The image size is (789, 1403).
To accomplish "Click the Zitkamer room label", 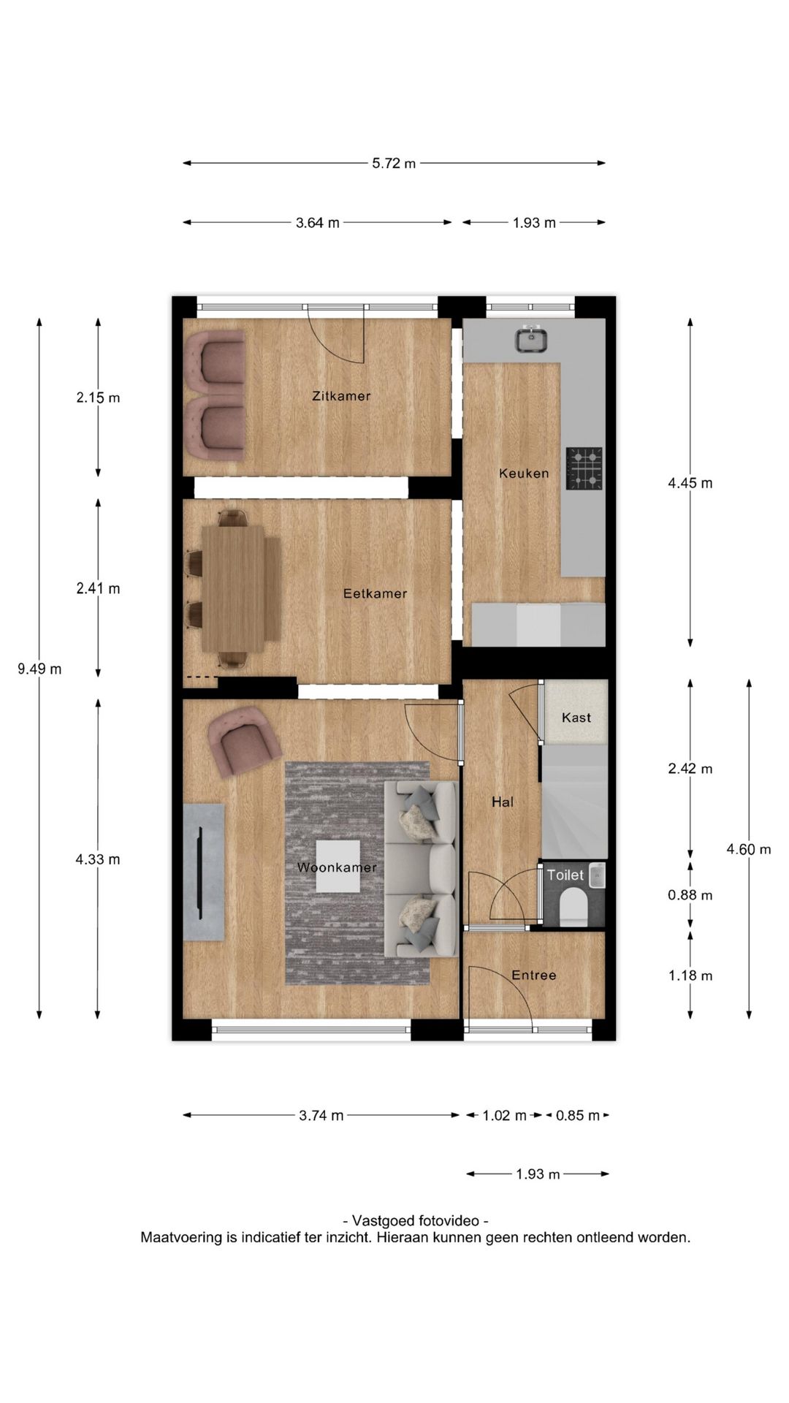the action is click(x=341, y=396).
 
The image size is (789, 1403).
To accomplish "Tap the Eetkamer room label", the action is click(x=375, y=593).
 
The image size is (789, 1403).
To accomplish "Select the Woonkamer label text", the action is click(x=337, y=867).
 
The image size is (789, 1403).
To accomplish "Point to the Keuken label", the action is click(x=524, y=473).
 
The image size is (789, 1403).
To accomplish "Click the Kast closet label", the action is click(x=576, y=718).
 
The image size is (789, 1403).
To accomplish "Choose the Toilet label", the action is click(x=565, y=875).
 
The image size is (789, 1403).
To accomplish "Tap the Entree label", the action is click(x=534, y=975).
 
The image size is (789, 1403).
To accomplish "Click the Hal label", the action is click(x=503, y=802).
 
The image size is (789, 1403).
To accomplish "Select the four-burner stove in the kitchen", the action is click(x=584, y=468).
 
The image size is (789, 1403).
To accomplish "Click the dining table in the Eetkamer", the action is click(x=242, y=589).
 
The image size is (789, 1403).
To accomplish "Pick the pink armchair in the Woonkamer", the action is click(x=243, y=740).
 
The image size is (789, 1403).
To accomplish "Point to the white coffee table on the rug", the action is click(x=338, y=866).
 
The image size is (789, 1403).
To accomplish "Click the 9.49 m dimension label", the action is click(x=39, y=669).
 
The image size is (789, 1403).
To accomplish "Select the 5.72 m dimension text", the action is click(x=394, y=164).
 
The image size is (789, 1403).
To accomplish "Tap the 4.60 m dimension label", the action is click(x=749, y=849).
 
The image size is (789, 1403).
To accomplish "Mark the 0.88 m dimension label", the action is click(x=690, y=895).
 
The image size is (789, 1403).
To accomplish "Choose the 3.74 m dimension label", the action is click(x=321, y=1115).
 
